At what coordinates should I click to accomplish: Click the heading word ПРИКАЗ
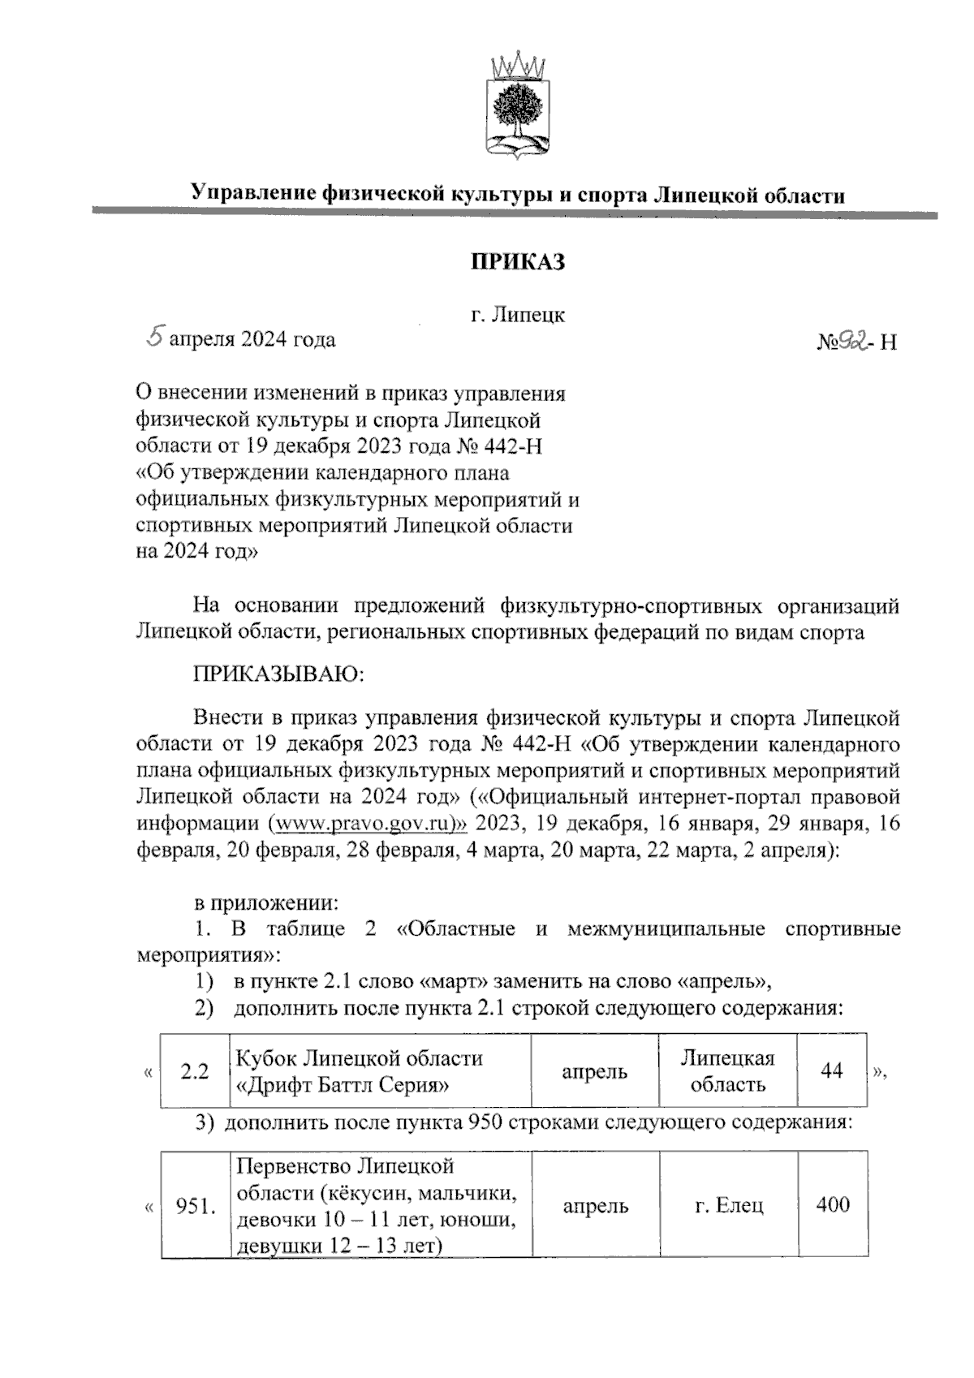518,262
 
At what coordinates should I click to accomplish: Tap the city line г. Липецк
518,315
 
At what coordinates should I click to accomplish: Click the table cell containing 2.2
195,1071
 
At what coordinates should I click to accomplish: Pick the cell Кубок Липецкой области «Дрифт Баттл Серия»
381,1071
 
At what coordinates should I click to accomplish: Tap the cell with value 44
831,1071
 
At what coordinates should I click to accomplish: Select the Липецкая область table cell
727,1071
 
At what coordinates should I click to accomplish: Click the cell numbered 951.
196,1207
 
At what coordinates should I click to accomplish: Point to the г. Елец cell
729,1206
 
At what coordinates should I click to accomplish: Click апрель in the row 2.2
595,1071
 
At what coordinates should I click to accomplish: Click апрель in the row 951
595,1206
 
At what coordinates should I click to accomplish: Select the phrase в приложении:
265,902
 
